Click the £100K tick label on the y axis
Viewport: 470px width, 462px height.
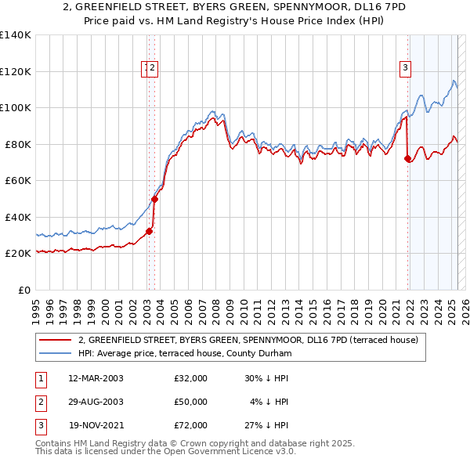coord(15,107)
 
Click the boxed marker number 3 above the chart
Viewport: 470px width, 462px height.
coord(406,68)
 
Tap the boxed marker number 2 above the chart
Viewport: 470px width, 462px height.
coord(153,68)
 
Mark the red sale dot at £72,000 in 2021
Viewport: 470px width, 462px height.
coord(407,159)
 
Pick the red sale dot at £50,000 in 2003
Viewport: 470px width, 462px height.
coord(155,199)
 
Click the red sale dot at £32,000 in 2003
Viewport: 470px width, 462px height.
coord(149,231)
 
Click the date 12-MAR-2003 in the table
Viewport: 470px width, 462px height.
coord(96,378)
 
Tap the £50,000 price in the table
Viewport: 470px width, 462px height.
coord(191,402)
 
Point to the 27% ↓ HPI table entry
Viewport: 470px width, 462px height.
coord(266,425)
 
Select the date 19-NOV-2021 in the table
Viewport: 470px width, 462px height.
coord(96,425)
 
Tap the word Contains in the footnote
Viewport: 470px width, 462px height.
coord(55,443)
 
